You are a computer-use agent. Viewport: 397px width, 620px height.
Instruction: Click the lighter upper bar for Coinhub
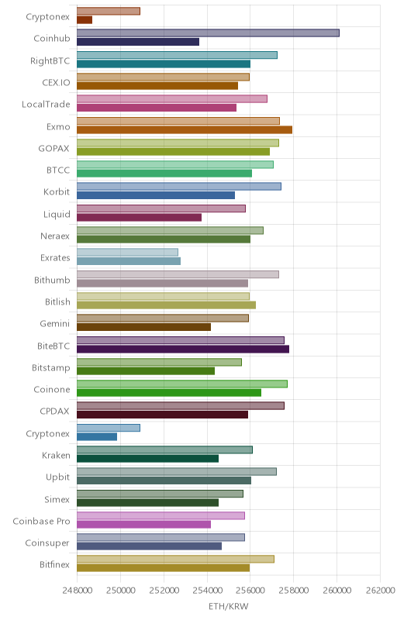[x=208, y=33]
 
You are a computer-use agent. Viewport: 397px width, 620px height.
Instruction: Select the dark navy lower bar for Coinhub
[x=138, y=42]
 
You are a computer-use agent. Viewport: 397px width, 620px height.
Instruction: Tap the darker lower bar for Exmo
[x=185, y=129]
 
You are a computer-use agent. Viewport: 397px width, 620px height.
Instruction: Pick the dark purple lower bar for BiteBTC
[x=183, y=350]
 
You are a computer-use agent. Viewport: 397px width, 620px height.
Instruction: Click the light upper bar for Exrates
[x=127, y=253]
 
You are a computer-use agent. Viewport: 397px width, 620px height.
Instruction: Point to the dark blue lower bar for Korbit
[x=156, y=195]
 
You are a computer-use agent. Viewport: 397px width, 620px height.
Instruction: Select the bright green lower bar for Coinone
[x=169, y=393]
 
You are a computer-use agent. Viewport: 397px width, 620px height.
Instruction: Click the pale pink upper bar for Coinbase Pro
[x=161, y=515]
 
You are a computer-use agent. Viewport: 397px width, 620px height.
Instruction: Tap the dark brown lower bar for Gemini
[x=144, y=327]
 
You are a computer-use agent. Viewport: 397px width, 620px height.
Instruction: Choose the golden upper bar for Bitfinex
[x=175, y=559]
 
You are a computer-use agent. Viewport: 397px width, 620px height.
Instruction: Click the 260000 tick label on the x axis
[x=337, y=591]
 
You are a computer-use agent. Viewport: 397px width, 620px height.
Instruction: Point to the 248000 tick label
[x=77, y=591]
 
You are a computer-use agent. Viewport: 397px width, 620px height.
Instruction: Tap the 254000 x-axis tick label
[x=207, y=591]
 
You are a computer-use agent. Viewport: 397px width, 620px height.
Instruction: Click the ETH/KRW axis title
[x=229, y=607]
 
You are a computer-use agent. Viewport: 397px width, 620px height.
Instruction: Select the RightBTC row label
[x=50, y=61]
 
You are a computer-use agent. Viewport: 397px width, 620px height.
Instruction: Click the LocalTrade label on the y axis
[x=46, y=105]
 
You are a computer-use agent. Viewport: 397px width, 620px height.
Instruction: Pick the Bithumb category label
[x=52, y=281]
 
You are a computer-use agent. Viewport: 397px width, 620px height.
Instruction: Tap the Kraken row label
[x=56, y=456]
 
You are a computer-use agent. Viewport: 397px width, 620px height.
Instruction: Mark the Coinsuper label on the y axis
[x=47, y=543]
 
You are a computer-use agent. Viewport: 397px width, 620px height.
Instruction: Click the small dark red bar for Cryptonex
[x=85, y=20]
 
